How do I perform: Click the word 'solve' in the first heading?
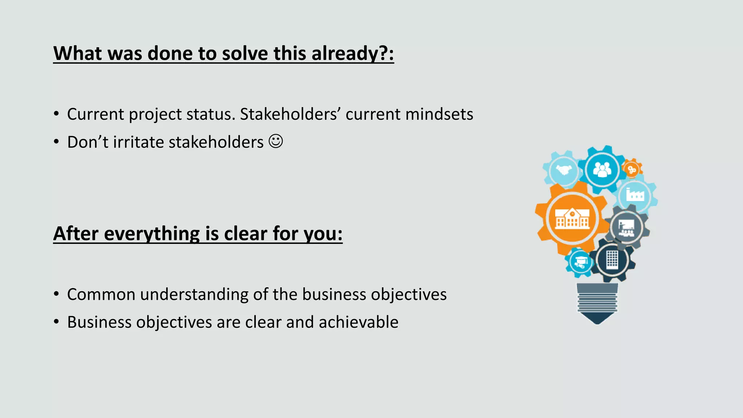[x=245, y=54]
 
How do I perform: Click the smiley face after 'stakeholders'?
[x=276, y=141]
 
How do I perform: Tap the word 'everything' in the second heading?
[x=152, y=234]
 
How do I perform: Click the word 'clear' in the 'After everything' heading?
[x=246, y=234]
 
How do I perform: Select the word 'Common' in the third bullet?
[x=101, y=294]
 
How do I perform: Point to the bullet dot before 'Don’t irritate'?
[x=56, y=142]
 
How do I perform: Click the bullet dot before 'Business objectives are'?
[x=56, y=322]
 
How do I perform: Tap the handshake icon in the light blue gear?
[x=564, y=170]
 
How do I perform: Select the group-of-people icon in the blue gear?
[x=602, y=169]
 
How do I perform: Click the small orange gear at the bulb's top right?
[x=632, y=169]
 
